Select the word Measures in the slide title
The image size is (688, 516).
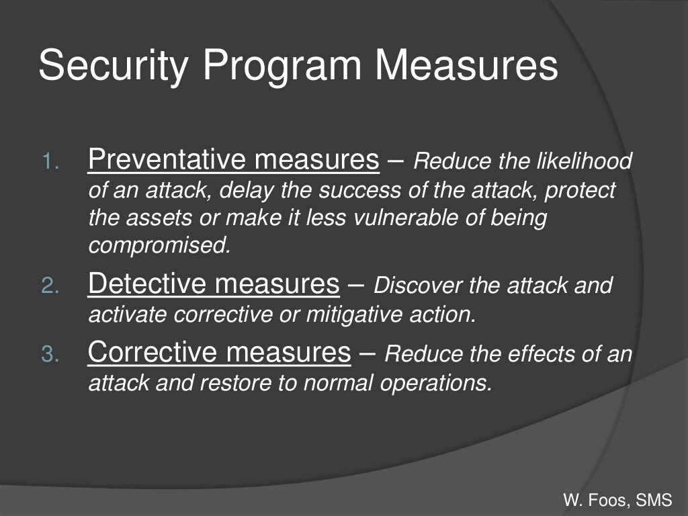point(466,66)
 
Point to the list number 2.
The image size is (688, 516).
point(50,288)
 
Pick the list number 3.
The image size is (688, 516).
point(50,355)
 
